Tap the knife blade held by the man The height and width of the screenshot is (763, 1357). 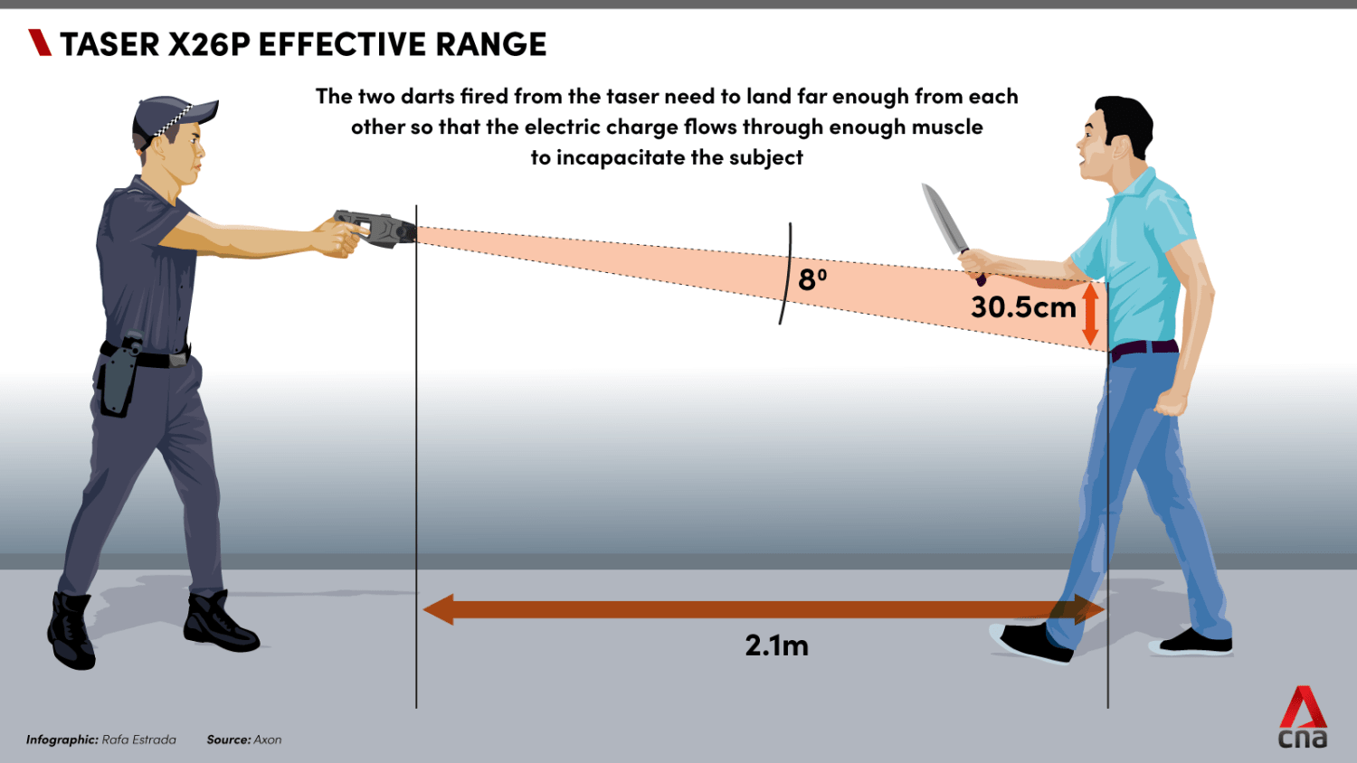942,218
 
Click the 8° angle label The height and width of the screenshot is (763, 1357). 811,279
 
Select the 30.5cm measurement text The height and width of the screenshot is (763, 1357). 1023,307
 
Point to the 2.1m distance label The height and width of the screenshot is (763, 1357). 776,645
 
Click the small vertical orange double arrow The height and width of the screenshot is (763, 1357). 1091,314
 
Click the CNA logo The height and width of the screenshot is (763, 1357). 1303,719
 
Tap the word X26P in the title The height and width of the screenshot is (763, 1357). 208,44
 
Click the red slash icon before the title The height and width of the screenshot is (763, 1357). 39,42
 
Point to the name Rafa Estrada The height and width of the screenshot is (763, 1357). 138,739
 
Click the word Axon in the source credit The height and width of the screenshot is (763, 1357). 268,739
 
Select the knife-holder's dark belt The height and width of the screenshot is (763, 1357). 1144,348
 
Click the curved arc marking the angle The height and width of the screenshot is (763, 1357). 787,271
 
